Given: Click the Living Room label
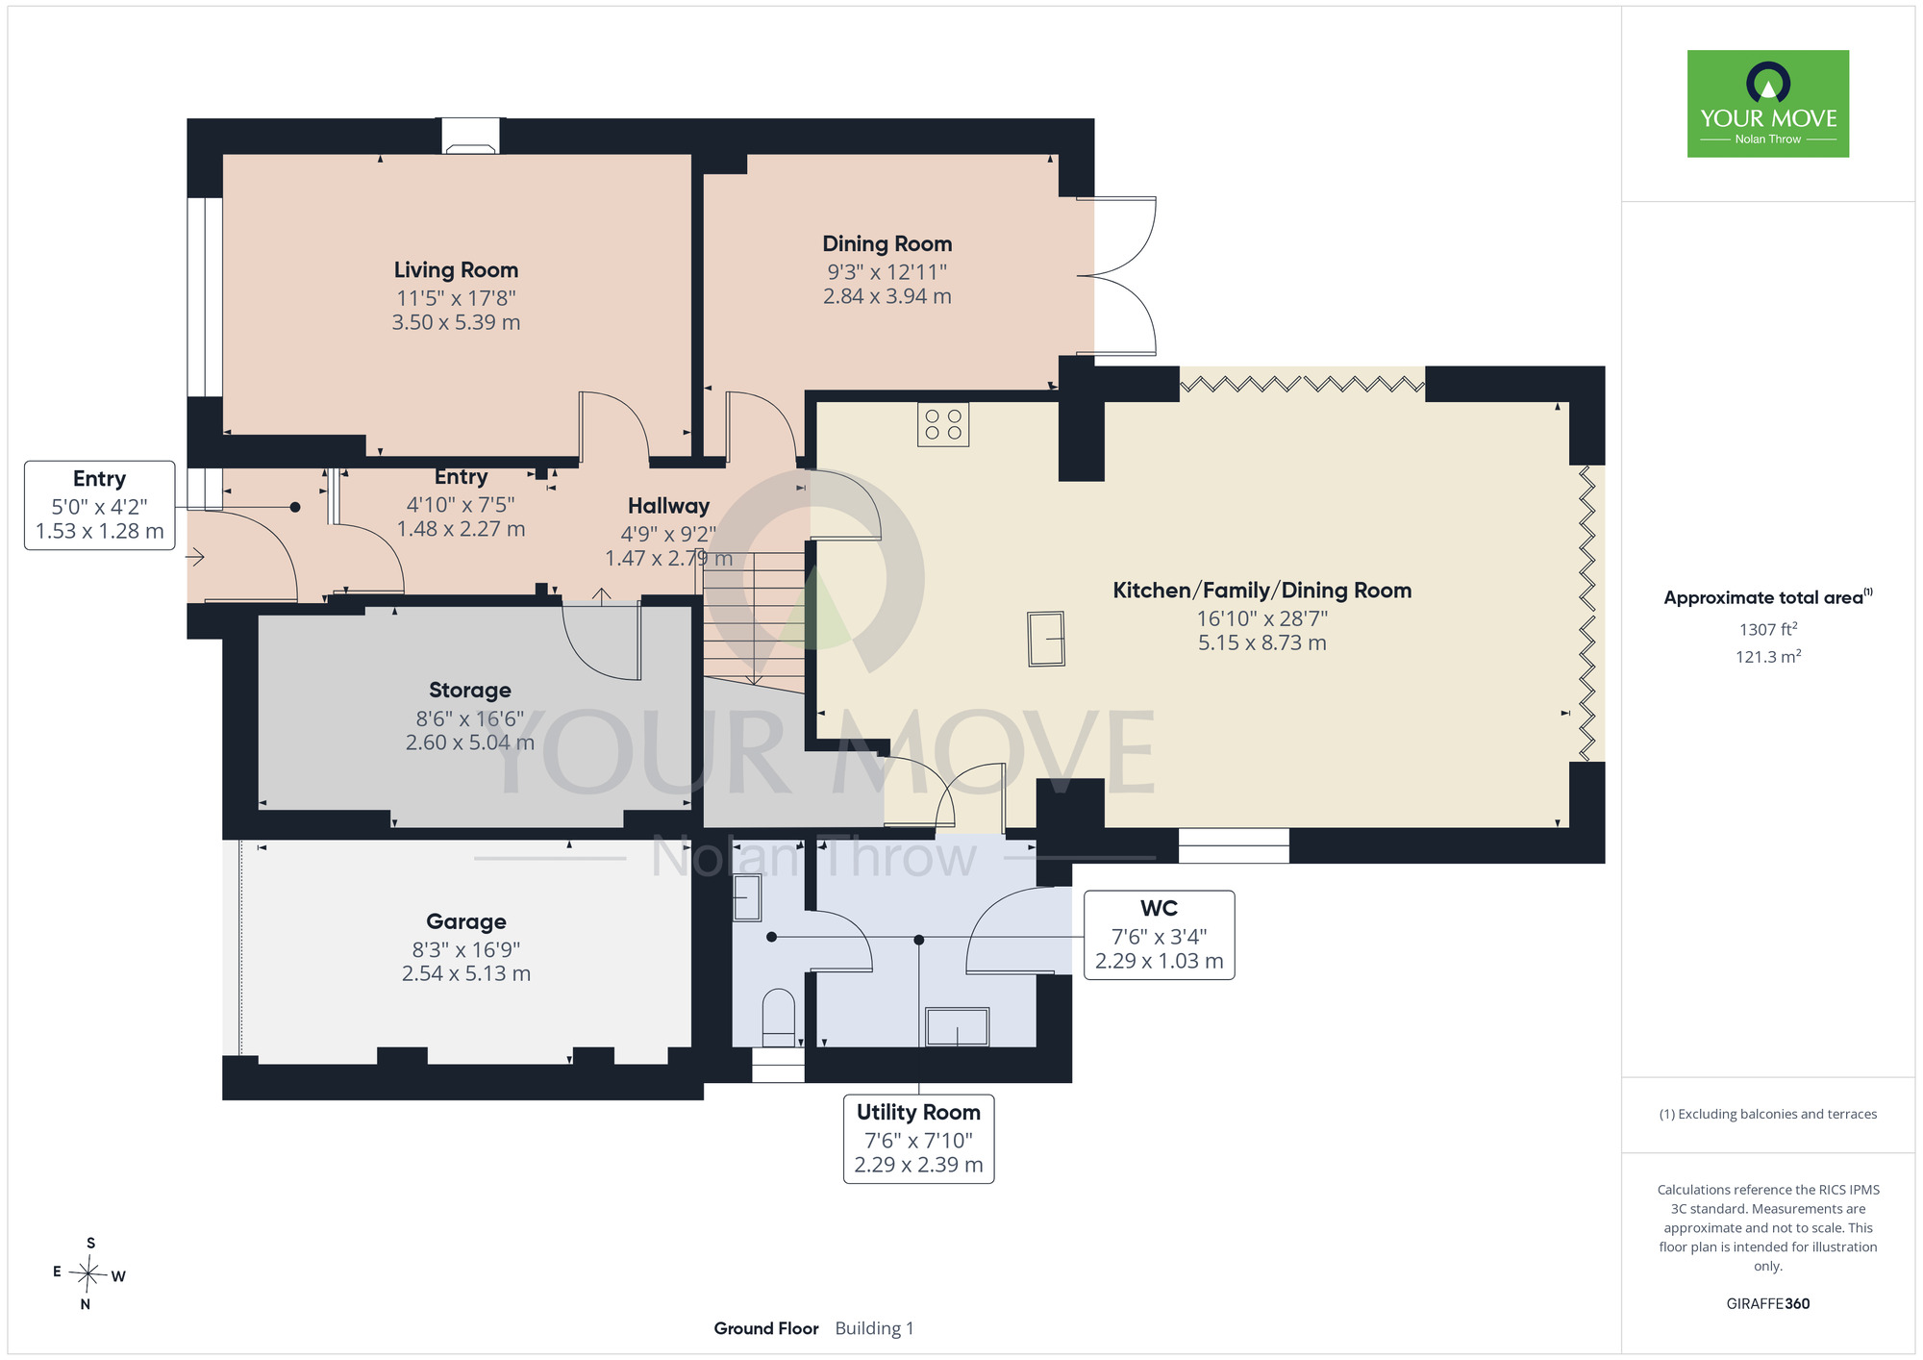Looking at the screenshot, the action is [456, 270].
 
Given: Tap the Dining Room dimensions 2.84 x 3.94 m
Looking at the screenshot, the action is [887, 296].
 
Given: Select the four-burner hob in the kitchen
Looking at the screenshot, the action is [942, 424].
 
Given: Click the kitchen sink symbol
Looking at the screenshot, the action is [1046, 639].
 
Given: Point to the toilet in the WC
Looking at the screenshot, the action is [779, 1018].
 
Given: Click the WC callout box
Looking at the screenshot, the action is [1159, 935].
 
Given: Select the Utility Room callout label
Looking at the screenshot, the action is [918, 1139].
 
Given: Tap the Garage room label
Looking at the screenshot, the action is [466, 921].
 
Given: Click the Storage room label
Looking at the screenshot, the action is [469, 690].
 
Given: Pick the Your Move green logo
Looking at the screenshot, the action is [1767, 104].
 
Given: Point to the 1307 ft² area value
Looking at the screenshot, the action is [1768, 629].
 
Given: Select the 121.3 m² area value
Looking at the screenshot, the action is [1768, 657].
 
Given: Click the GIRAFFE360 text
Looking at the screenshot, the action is [1767, 1304].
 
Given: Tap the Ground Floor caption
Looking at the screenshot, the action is [766, 1328].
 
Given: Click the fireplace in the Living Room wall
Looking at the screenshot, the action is [471, 136].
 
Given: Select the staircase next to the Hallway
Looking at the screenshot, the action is [754, 620].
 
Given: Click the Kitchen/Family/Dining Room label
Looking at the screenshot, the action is [1261, 591].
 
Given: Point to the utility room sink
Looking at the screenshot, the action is [957, 1027].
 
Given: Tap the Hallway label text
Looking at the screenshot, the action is [668, 506].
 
